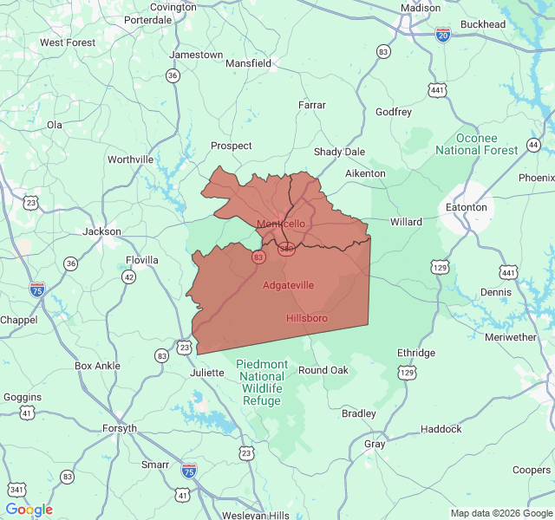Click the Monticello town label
tap(281, 224)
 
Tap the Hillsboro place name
tap(307, 318)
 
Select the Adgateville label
tap(288, 285)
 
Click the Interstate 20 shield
tap(443, 35)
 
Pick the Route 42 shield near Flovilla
tap(128, 276)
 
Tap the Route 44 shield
tap(533, 144)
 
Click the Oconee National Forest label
tap(477, 144)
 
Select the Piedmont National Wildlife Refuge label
tap(262, 382)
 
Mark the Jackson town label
tap(101, 231)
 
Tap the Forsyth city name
tap(119, 428)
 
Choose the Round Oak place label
tap(323, 370)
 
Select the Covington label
tap(173, 7)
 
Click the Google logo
tap(29, 510)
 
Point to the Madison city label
tap(421, 7)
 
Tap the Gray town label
tap(375, 444)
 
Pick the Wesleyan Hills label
tap(255, 516)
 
